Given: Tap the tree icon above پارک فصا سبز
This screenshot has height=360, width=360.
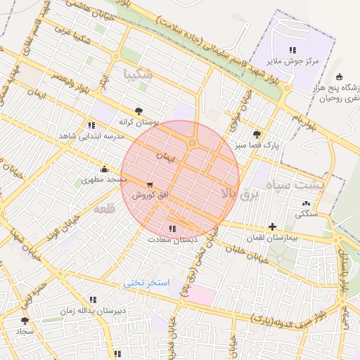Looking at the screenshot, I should (x=257, y=134).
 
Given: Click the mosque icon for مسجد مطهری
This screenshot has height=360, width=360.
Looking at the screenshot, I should (x=105, y=169).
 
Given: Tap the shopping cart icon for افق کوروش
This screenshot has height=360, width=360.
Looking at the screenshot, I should (x=150, y=185).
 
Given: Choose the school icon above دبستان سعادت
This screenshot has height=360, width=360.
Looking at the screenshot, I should (x=172, y=229).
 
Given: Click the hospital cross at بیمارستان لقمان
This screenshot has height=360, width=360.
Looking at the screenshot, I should (x=273, y=226).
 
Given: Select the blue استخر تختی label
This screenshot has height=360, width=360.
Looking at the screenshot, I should (x=148, y=283).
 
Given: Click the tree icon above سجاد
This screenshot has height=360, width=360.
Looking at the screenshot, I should (x=25, y=320).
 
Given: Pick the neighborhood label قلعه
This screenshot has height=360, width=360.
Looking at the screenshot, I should (x=103, y=209).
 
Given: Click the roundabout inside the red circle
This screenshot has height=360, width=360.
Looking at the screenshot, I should (x=192, y=143).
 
